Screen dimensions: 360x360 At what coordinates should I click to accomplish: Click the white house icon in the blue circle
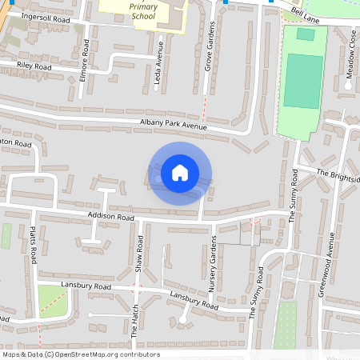click(180, 173)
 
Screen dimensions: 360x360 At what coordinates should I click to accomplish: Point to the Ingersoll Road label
click(47, 17)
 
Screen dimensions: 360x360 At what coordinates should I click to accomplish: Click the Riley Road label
click(33, 67)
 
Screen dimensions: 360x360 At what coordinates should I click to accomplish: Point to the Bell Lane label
click(306, 14)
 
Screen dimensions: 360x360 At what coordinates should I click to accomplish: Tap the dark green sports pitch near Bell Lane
click(300, 81)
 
